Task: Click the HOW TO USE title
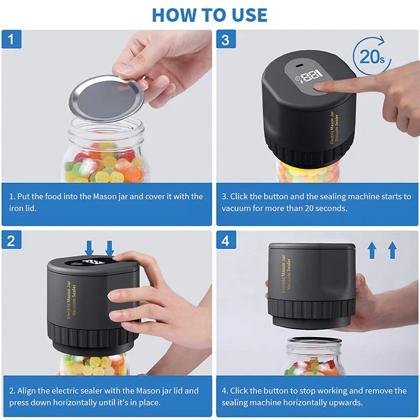pos(209,15)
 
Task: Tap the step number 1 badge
pos(11,40)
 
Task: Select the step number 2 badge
pos(11,241)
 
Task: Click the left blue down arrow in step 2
pos(89,247)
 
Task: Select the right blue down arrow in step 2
pos(110,247)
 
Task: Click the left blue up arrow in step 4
pos(372,250)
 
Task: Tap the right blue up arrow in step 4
pos(392,250)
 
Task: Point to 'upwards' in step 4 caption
pos(344,402)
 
